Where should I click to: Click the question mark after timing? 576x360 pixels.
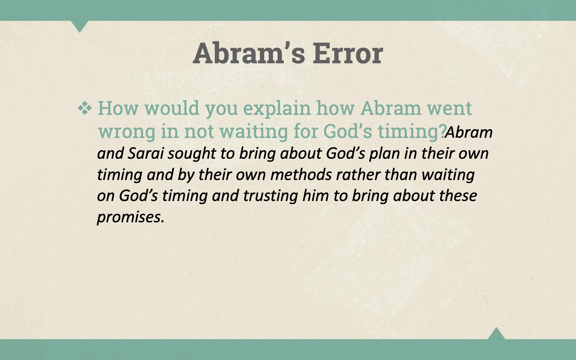tap(441, 131)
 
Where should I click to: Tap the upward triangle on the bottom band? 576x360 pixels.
tap(496, 334)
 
